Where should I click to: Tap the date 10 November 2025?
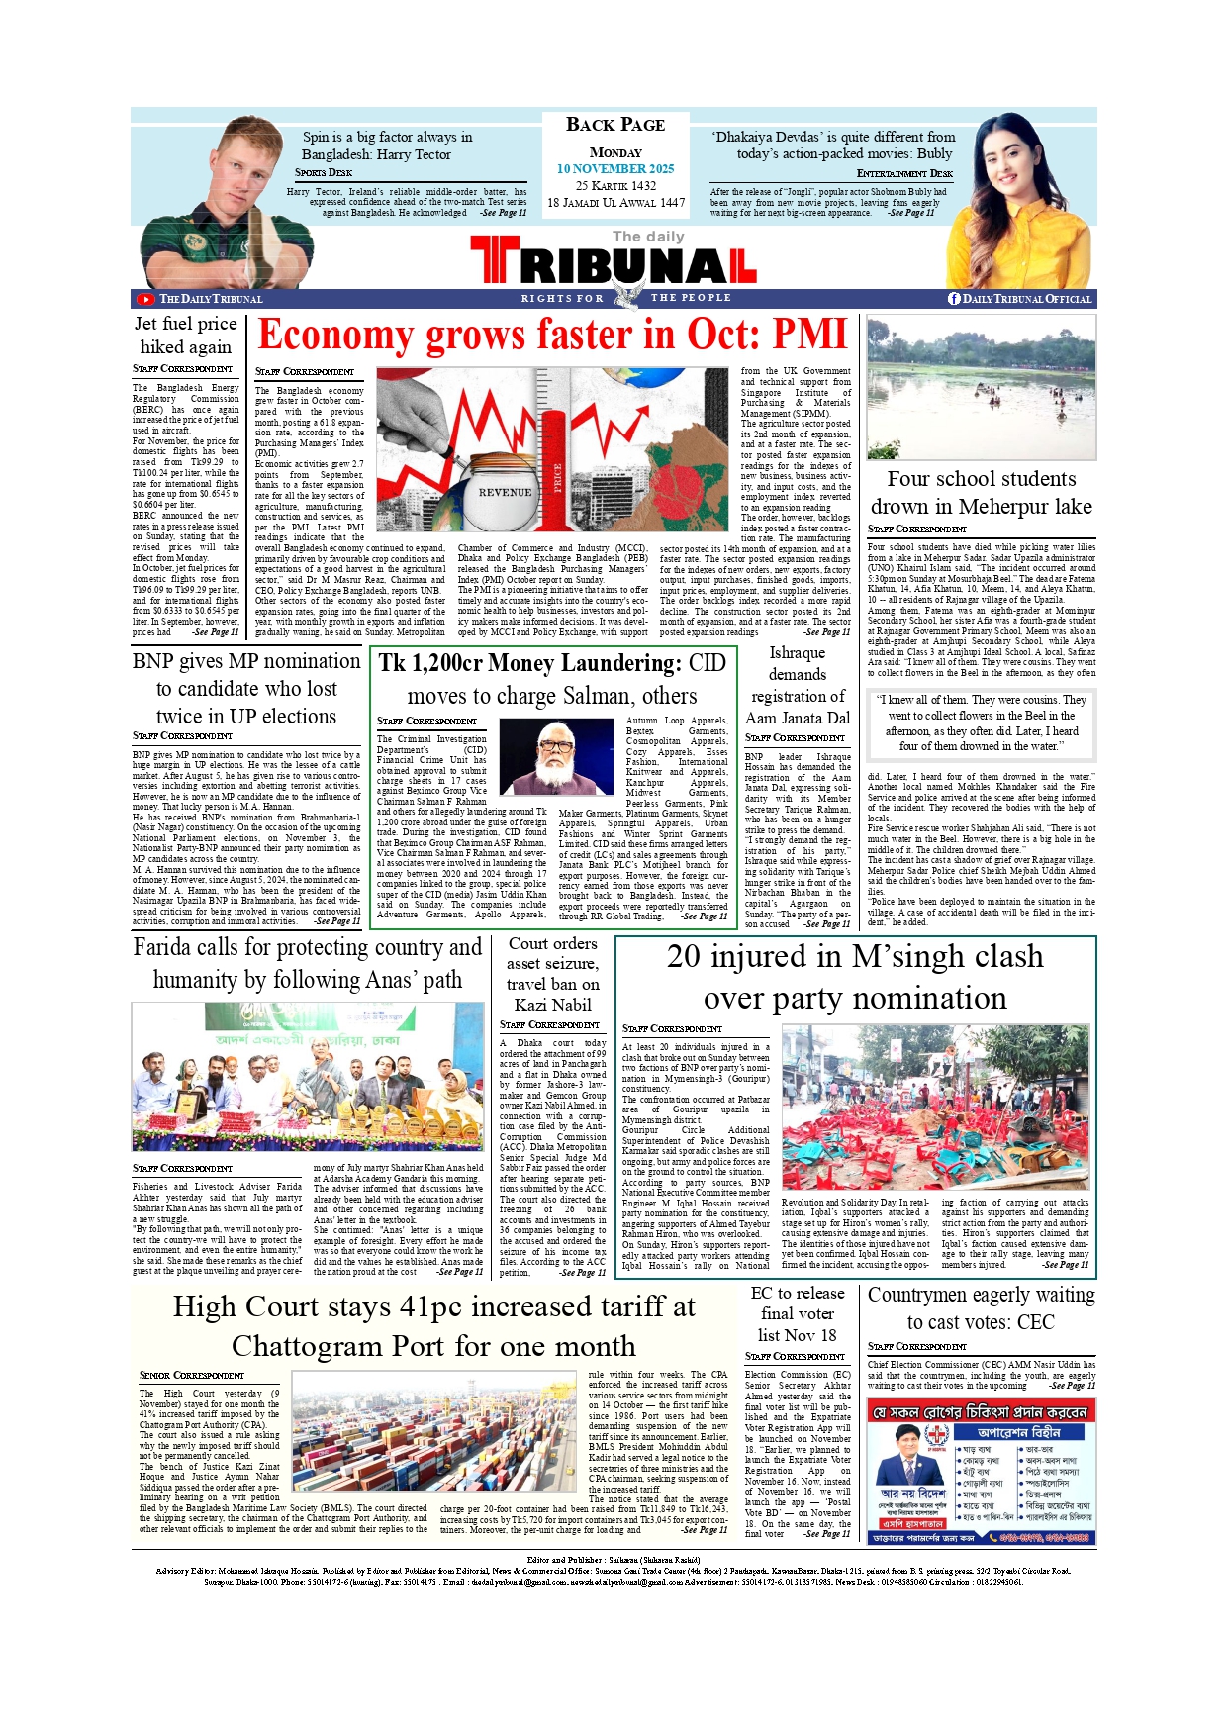pyautogui.click(x=614, y=169)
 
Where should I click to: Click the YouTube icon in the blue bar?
pyautogui.click(x=145, y=299)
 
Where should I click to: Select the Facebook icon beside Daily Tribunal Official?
pyautogui.click(x=954, y=299)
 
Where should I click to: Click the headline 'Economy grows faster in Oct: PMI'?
pyautogui.click(x=552, y=336)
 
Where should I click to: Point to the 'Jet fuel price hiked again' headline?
pyautogui.click(x=186, y=335)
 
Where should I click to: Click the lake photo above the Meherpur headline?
pyautogui.click(x=981, y=388)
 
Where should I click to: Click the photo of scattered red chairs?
pyautogui.click(x=934, y=1107)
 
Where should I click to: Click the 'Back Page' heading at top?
pyautogui.click(x=614, y=125)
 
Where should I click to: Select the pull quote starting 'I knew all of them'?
pyautogui.click(x=981, y=723)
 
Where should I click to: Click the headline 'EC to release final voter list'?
pyautogui.click(x=798, y=1313)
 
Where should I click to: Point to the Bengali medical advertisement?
pyautogui.click(x=981, y=1471)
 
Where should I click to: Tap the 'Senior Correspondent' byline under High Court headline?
pyautogui.click(x=192, y=1375)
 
